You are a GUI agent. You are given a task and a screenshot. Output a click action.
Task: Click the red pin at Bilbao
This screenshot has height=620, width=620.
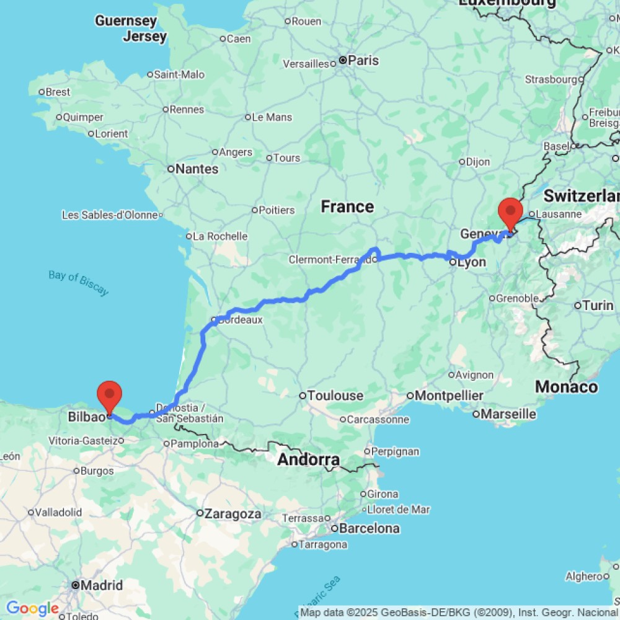110,394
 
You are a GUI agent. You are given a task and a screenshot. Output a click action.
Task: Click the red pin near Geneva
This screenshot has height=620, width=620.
510,211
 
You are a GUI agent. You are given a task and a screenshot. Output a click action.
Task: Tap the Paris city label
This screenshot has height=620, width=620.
363,61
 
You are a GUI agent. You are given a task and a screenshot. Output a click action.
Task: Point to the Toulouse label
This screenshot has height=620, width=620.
335,396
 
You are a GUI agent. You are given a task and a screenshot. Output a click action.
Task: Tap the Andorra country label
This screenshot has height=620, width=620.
308,460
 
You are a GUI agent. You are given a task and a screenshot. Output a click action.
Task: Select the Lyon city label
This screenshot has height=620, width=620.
472,263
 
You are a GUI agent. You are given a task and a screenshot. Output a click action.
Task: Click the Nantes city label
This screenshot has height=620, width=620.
197,169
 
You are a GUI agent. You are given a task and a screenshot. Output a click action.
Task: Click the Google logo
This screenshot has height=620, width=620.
32,609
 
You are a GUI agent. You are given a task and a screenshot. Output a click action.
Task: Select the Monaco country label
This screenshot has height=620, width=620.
566,387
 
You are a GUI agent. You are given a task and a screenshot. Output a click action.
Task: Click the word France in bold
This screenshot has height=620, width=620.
347,206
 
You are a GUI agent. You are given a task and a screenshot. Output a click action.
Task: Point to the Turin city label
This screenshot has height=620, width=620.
598,305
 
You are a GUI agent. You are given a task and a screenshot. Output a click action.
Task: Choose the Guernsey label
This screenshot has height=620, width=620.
126,21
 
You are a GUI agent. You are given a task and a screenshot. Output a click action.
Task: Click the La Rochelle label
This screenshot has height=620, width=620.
220,236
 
